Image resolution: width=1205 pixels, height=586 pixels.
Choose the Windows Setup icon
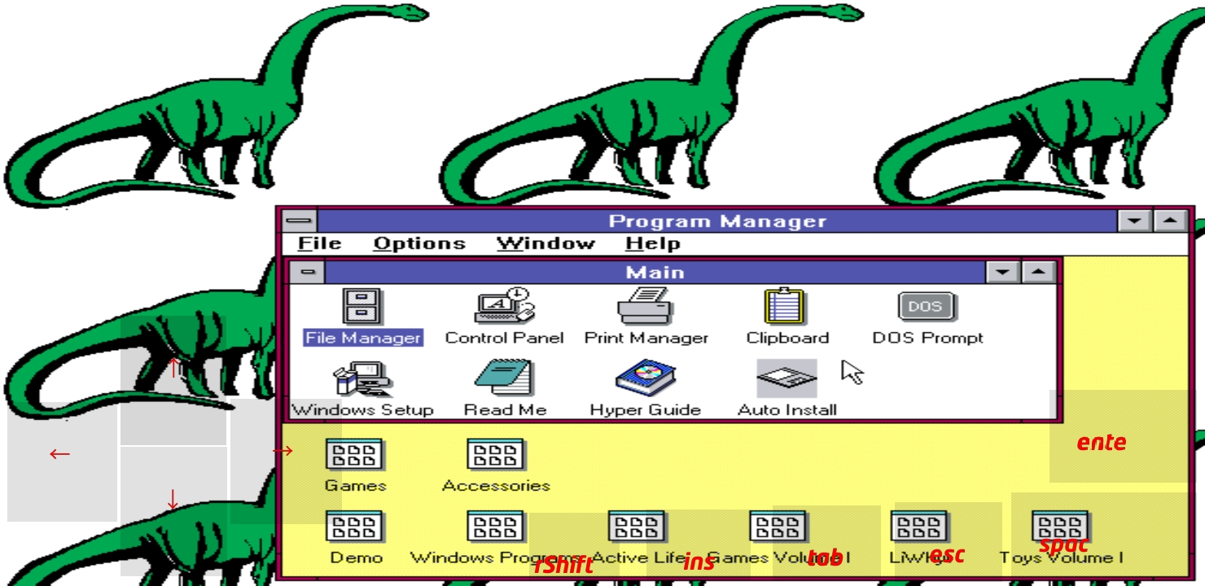(363, 379)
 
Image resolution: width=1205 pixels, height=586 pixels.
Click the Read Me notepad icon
(504, 379)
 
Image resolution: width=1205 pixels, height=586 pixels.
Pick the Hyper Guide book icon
(646, 379)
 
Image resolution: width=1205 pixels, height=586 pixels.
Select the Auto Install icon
(787, 379)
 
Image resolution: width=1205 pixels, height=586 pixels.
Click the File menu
(319, 243)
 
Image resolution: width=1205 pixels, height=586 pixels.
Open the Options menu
(419, 243)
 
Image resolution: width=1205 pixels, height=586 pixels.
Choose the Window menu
(546, 243)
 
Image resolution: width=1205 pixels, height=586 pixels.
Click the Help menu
(652, 243)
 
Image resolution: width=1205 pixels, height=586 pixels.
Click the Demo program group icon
(355, 527)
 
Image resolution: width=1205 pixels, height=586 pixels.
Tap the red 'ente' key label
(1102, 443)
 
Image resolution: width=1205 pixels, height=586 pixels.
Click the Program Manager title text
(717, 221)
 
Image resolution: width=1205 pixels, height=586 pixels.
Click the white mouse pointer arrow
(852, 372)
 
